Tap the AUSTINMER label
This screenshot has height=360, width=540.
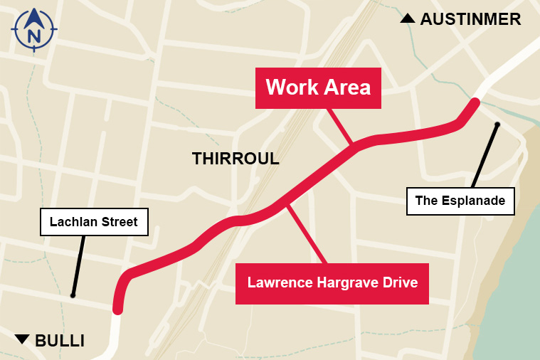click(x=470, y=19)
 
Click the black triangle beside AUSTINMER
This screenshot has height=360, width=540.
click(x=408, y=18)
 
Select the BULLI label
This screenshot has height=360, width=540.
click(x=60, y=341)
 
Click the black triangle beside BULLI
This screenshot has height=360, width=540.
click(x=23, y=339)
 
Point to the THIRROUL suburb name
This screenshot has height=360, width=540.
click(x=235, y=159)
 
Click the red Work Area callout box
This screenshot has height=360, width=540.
click(x=318, y=88)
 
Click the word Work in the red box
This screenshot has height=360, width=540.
click(x=290, y=88)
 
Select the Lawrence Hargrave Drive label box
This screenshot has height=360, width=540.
click(x=332, y=282)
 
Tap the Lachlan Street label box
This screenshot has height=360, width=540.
click(x=93, y=222)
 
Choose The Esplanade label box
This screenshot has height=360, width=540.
click(x=460, y=201)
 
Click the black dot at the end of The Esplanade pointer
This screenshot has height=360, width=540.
click(x=497, y=125)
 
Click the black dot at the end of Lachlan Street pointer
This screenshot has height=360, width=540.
click(x=73, y=295)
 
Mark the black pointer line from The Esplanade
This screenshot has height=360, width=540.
click(x=484, y=156)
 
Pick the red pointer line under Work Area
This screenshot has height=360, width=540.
click(x=339, y=126)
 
